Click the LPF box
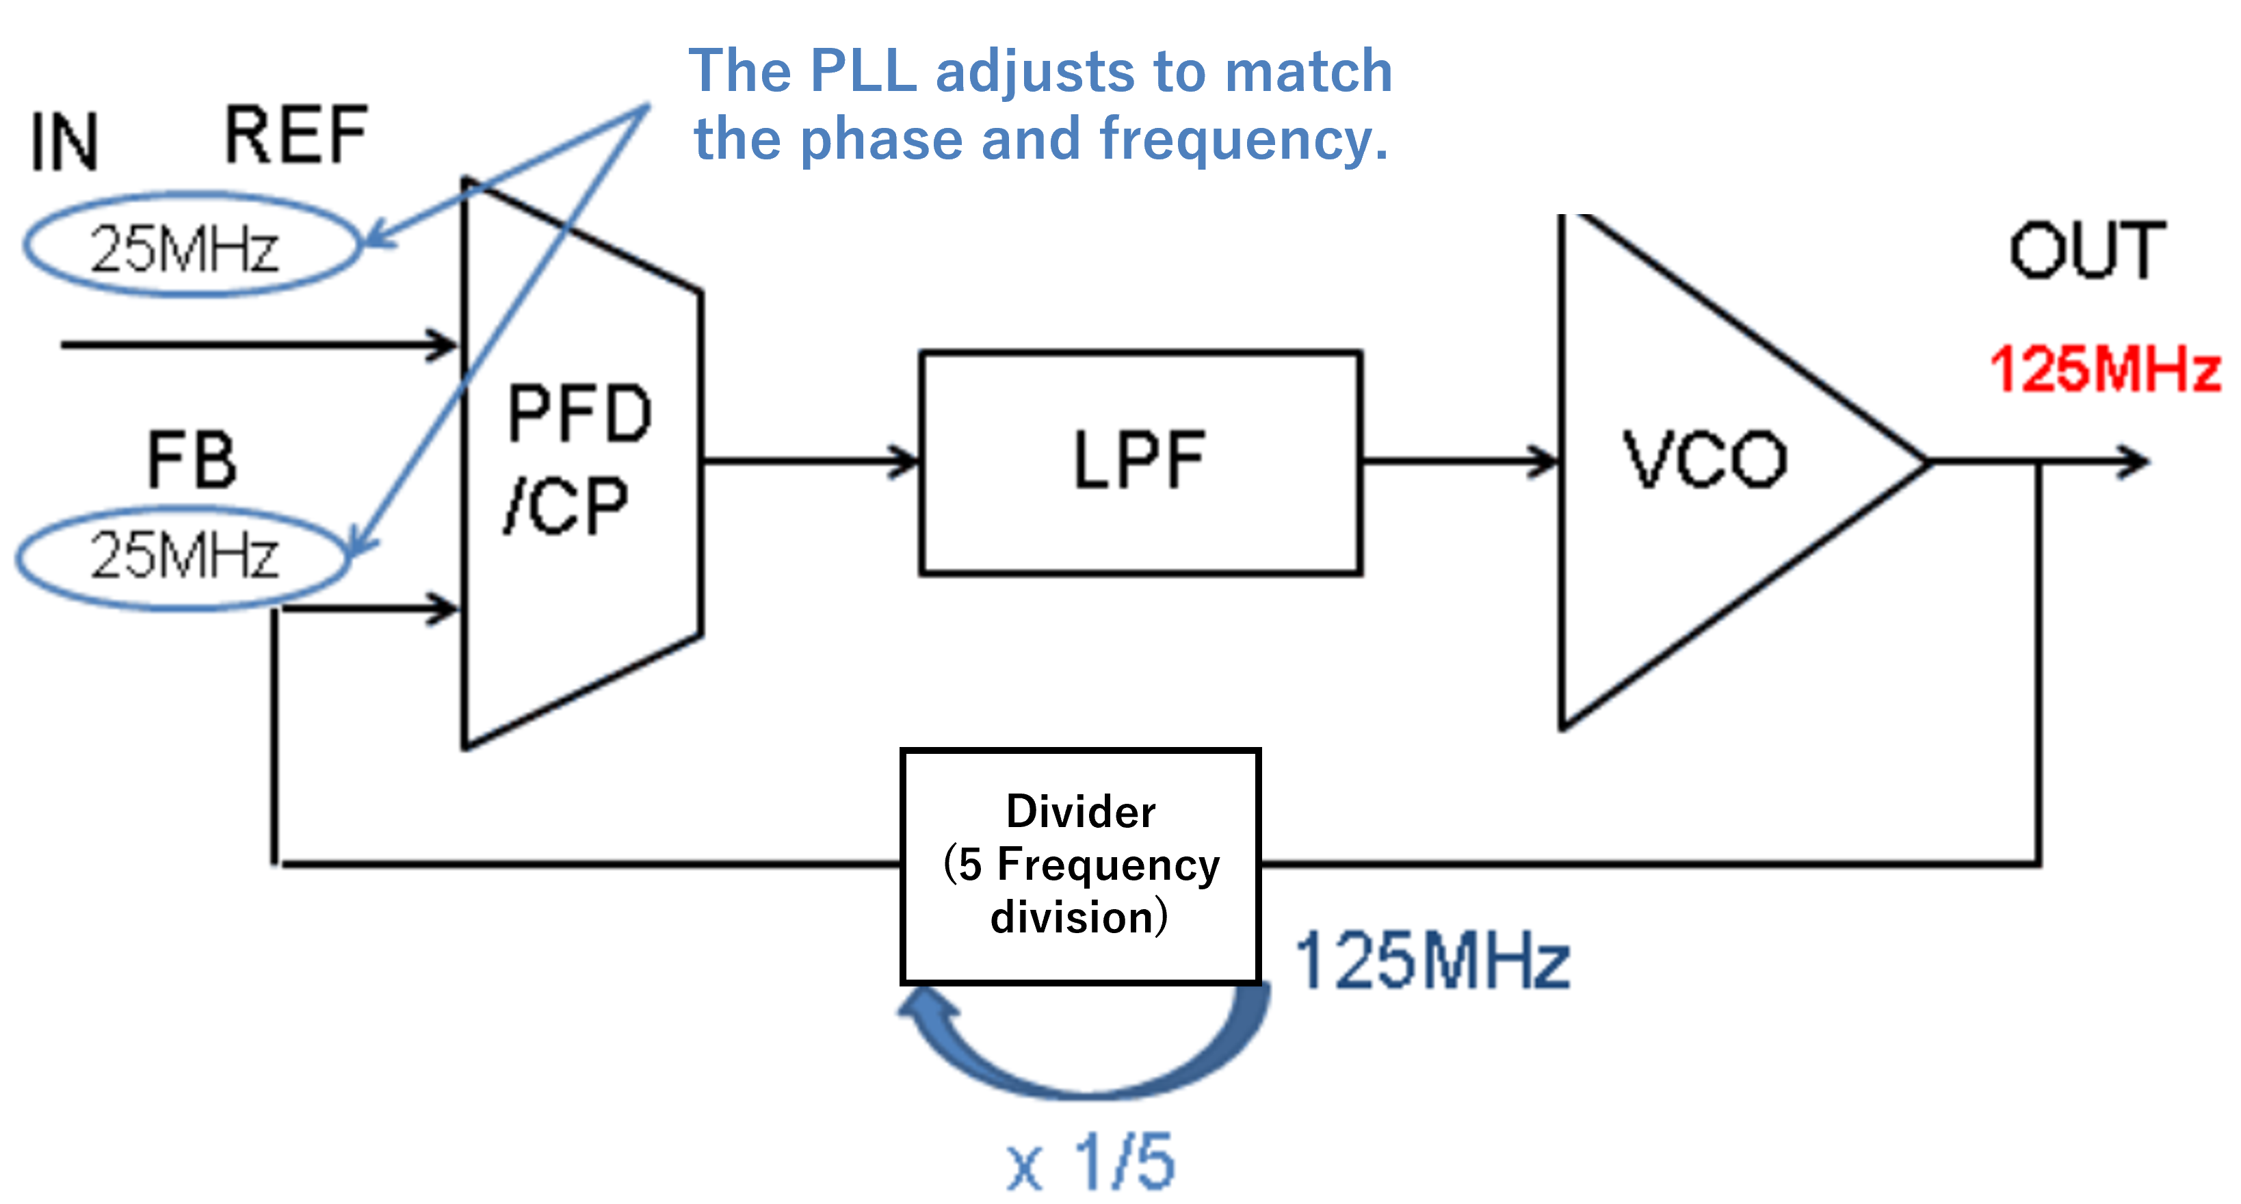[1140, 463]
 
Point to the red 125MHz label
[2106, 369]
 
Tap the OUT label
[2086, 252]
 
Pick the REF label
[296, 135]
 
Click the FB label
[192, 460]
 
